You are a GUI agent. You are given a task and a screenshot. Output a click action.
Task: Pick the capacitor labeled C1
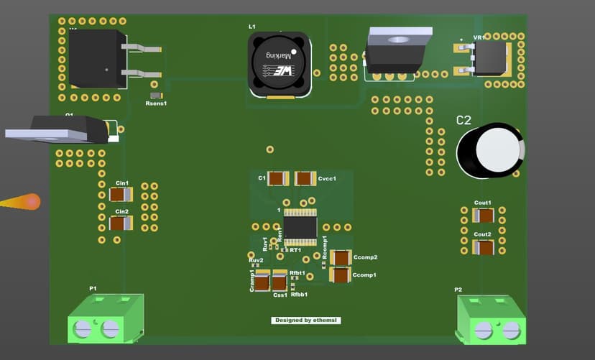click(278, 178)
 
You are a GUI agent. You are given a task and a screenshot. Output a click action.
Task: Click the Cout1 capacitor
click(484, 215)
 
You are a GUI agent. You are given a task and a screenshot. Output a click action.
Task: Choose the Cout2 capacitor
click(484, 247)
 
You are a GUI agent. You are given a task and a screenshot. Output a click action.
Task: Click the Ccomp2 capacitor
click(341, 257)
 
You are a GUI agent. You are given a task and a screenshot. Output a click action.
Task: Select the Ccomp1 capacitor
click(340, 274)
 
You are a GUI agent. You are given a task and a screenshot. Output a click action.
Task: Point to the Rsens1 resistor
click(155, 96)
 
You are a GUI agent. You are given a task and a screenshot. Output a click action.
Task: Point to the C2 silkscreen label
click(465, 120)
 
